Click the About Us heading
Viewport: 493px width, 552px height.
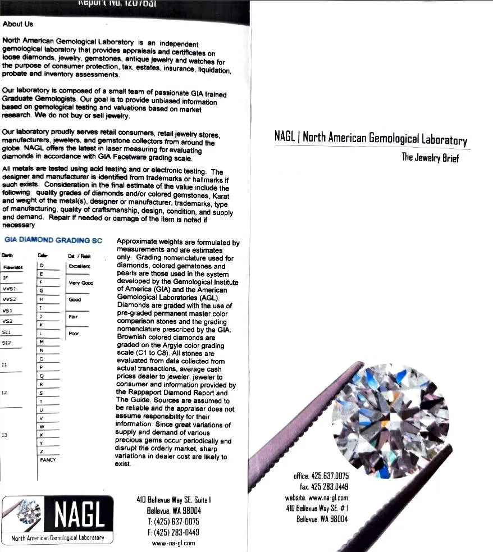pyautogui.click(x=17, y=24)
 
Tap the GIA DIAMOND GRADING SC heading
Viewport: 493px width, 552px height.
pyautogui.click(x=53, y=240)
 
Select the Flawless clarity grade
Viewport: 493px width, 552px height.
pyautogui.click(x=12, y=268)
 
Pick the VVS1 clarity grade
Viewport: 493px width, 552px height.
pyautogui.click(x=10, y=288)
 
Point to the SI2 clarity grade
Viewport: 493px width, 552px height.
pyautogui.click(x=7, y=342)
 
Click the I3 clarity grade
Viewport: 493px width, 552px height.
pyautogui.click(x=4, y=435)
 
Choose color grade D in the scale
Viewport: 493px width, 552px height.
pyautogui.click(x=42, y=265)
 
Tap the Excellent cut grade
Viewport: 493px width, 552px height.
pyautogui.click(x=79, y=266)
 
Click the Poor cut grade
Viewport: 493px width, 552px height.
pyautogui.click(x=74, y=334)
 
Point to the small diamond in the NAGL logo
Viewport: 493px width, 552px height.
pyautogui.click(x=26, y=513)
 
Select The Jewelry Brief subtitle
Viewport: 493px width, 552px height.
pyautogui.click(x=430, y=158)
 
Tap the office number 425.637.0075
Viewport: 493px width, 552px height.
pyautogui.click(x=321, y=476)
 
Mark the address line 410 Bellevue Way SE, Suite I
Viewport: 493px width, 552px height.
pyautogui.click(x=174, y=499)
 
